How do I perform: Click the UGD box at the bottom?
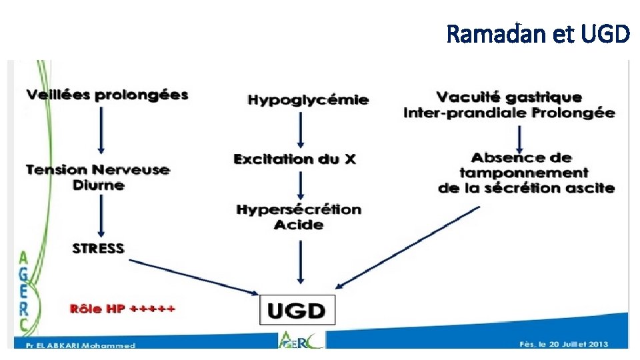point(297,310)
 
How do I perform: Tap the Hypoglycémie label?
point(308,100)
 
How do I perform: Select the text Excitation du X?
point(295,159)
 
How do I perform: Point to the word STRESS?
point(98,249)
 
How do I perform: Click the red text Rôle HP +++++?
point(122,309)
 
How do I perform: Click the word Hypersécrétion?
point(299,210)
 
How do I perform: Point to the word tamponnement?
point(523,173)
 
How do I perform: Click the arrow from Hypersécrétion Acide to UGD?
point(300,261)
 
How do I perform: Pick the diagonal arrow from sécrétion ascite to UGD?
point(407,248)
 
